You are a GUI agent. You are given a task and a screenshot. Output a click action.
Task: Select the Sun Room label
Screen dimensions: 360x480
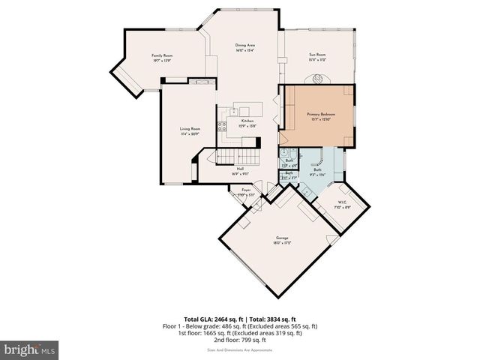[x=316, y=55]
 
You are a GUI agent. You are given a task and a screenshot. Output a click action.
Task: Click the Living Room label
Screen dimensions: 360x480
[x=190, y=129]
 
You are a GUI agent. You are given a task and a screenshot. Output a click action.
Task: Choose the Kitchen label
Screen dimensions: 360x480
[x=247, y=121]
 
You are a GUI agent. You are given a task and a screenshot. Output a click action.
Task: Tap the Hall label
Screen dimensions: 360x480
[x=240, y=169]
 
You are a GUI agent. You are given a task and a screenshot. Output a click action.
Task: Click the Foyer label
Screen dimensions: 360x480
[x=245, y=190]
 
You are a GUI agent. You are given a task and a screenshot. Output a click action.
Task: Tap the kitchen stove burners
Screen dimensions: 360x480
[x=222, y=126]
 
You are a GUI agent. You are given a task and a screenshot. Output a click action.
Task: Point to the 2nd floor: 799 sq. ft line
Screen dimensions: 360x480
[x=240, y=338]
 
